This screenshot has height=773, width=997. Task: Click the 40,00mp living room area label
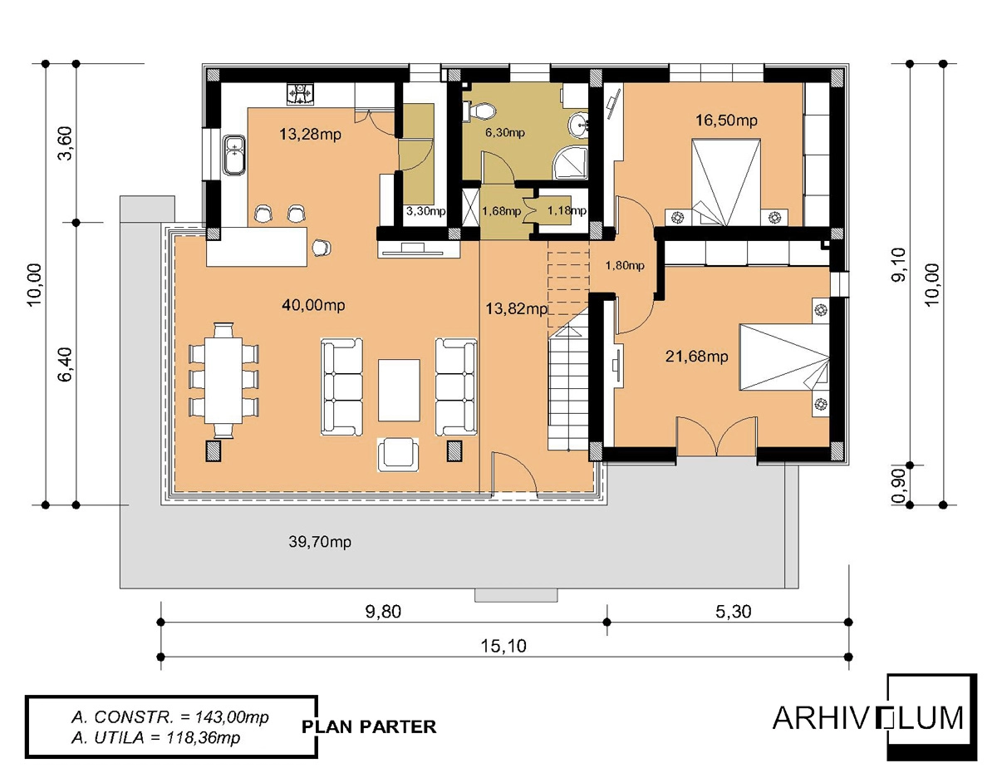coord(313,305)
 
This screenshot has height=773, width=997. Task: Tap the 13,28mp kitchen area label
coord(310,135)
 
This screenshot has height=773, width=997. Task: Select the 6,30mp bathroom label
coord(504,133)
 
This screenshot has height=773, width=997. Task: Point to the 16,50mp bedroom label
coord(726,121)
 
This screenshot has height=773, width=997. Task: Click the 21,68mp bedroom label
coord(696,356)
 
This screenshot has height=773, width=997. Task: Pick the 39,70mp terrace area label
coord(320,542)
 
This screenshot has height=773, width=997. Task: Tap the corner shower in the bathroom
coord(570,162)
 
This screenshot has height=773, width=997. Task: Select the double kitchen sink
coord(234,155)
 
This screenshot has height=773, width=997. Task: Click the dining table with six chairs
coord(223,381)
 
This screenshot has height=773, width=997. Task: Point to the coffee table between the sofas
coord(399,390)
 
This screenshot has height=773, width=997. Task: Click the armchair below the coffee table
coord(398,455)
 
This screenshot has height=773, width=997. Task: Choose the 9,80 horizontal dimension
coord(383,612)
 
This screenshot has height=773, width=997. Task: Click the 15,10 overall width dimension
coord(503,647)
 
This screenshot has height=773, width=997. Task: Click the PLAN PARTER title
coord(370,726)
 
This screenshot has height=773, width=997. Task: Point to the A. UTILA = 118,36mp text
coord(155,737)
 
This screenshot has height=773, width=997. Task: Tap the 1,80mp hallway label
coord(625,265)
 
